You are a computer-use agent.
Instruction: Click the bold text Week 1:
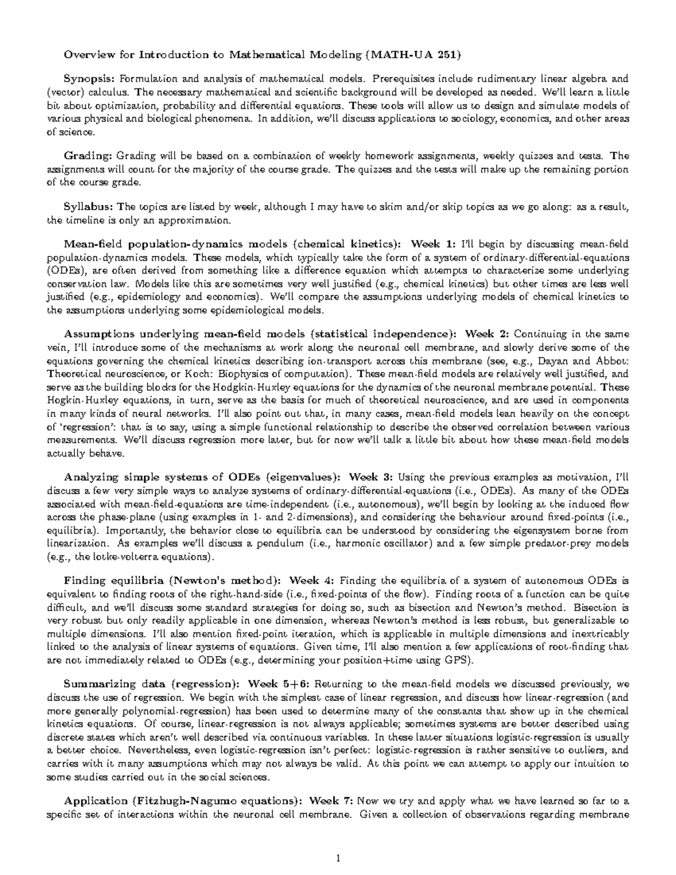pyautogui.click(x=434, y=244)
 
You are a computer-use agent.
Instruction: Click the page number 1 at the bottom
pyautogui.click(x=338, y=859)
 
